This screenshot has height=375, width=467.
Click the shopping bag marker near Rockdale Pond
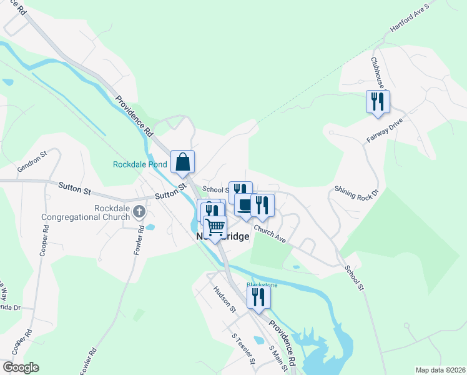(x=182, y=162)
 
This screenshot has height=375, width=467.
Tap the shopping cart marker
(x=215, y=227)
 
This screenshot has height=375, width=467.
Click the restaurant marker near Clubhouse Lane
(x=377, y=101)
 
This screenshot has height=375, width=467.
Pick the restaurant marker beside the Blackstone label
(x=258, y=297)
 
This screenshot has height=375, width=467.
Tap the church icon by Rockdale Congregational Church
(x=139, y=212)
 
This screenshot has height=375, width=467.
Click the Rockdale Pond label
(x=140, y=165)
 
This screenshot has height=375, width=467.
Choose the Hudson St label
(x=225, y=299)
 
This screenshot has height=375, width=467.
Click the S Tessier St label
(x=243, y=349)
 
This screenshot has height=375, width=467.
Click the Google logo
(x=21, y=367)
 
